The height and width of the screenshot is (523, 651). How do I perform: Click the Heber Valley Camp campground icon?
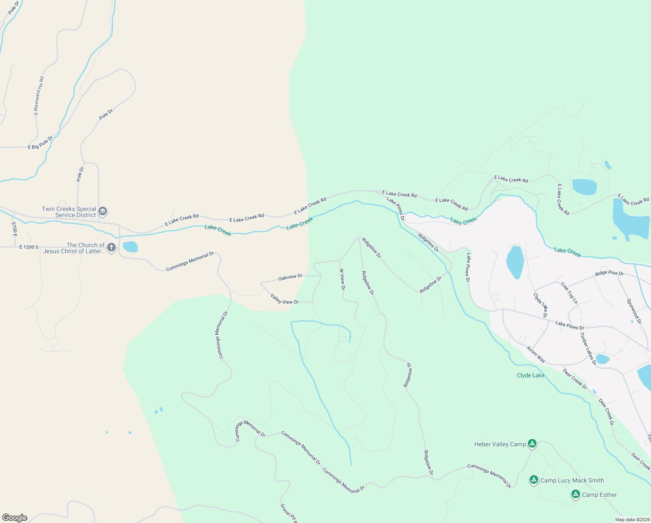click(x=532, y=444)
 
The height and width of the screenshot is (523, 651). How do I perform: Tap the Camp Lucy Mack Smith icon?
click(x=534, y=480)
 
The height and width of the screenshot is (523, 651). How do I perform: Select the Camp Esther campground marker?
click(x=576, y=494)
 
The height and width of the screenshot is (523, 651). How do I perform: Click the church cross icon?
click(x=111, y=248)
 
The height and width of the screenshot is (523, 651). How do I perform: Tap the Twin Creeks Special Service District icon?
click(x=103, y=211)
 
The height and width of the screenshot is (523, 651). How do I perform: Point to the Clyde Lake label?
click(x=530, y=375)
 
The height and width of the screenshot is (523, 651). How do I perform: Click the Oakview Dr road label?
click(x=290, y=277)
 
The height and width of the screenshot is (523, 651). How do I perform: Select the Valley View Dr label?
click(x=285, y=299)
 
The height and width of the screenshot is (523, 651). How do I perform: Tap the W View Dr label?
click(x=342, y=279)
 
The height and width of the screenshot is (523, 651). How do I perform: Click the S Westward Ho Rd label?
click(x=39, y=96)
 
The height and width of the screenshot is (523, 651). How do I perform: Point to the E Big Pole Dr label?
click(x=40, y=143)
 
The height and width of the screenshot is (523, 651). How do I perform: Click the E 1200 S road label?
click(x=29, y=247)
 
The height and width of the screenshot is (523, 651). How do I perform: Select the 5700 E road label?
click(x=14, y=229)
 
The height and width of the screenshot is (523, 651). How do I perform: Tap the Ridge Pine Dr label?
click(x=609, y=273)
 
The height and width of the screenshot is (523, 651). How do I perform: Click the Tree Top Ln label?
click(x=569, y=293)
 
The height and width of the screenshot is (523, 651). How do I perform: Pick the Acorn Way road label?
click(x=536, y=355)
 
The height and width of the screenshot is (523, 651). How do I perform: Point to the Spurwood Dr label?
click(x=634, y=311)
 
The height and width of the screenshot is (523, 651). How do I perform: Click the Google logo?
click(x=14, y=518)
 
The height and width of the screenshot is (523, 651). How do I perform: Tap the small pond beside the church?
click(x=130, y=247)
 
